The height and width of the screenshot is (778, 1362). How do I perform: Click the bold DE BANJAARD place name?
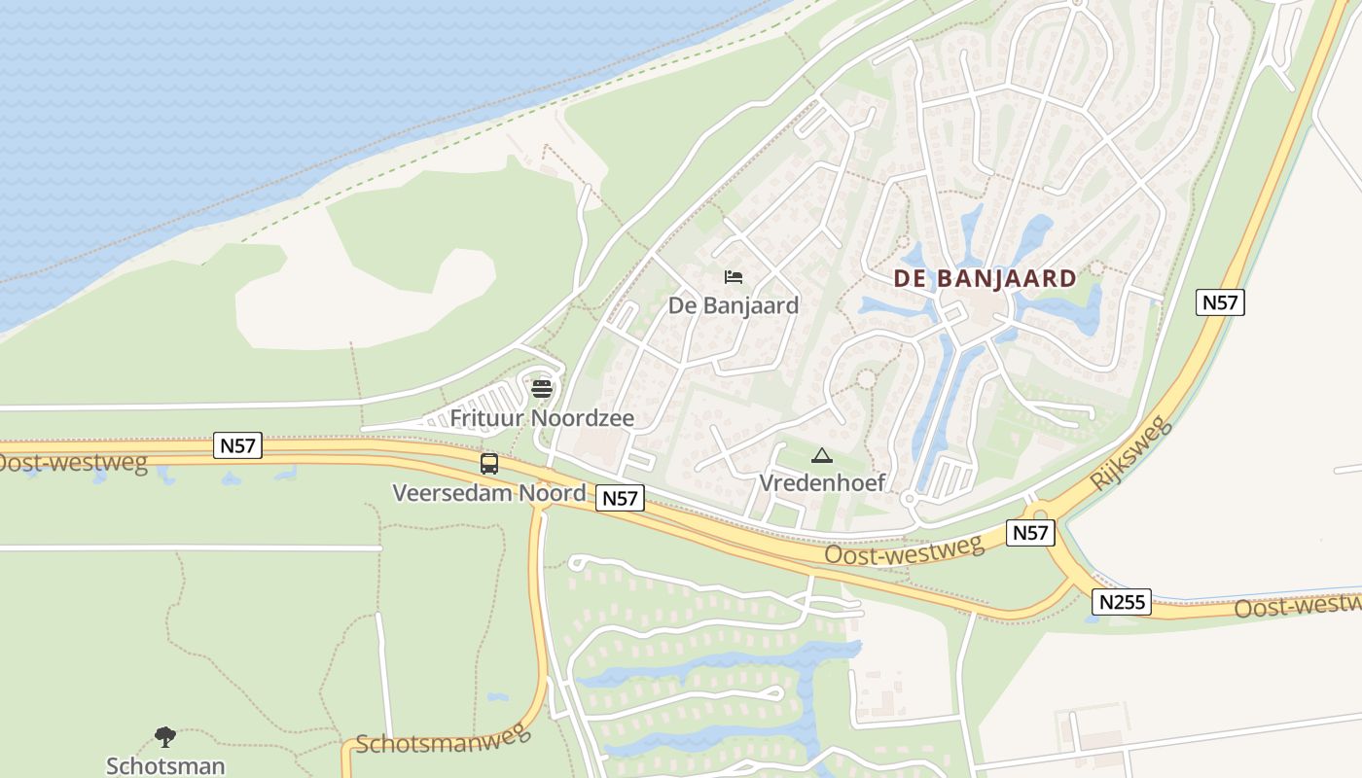tap(985, 279)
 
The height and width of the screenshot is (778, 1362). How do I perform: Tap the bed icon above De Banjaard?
tap(734, 278)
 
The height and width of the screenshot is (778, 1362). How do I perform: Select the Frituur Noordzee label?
tap(542, 419)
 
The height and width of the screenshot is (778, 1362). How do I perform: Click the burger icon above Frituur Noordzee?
tap(542, 390)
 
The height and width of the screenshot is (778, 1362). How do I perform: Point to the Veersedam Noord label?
tap(488, 493)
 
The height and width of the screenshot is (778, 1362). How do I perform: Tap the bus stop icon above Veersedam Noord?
tap(489, 464)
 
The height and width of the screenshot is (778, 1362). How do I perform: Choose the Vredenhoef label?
tap(822, 482)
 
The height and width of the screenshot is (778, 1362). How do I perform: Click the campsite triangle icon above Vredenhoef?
tap(822, 455)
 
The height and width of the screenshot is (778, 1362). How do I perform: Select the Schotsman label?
tap(165, 765)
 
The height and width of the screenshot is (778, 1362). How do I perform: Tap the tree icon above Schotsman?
tap(165, 737)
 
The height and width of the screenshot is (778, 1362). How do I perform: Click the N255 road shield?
tap(1121, 602)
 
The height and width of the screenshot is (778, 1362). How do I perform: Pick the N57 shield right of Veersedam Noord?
tap(620, 499)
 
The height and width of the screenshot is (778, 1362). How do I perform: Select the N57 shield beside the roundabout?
tap(1029, 533)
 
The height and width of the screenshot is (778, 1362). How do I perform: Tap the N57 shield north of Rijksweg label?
tap(1220, 302)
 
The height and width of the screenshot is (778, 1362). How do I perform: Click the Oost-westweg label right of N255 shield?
tap(1299, 606)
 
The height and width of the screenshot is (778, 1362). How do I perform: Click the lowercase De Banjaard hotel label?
tap(734, 305)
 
